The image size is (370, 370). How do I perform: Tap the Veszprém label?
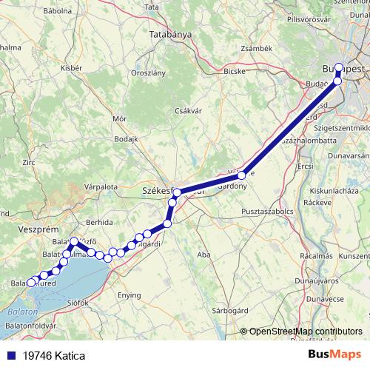[x=33, y=230]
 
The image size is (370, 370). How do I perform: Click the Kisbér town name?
[x=71, y=67]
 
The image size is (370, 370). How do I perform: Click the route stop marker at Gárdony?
[x=241, y=175]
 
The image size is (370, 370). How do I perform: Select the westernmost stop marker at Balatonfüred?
[x=30, y=282]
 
